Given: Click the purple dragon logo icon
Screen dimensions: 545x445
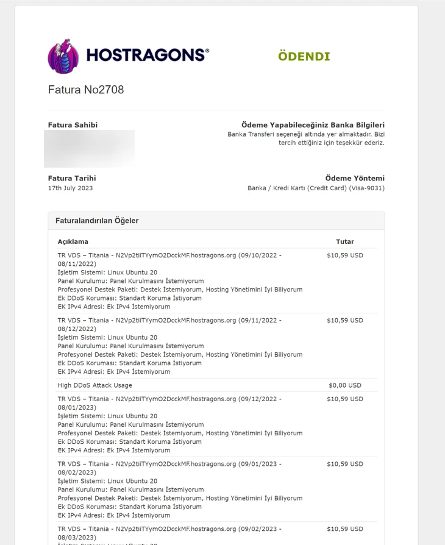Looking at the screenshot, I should coord(63,56).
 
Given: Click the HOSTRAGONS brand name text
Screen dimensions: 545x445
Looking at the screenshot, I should coord(148,55).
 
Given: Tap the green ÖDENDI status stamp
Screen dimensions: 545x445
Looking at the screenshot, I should coord(304,57).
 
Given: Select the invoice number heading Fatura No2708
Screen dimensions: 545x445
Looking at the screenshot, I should coord(86,90).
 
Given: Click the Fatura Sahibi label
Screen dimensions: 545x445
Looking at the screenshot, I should coord(73,125).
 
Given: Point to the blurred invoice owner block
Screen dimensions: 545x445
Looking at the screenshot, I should coord(89,148).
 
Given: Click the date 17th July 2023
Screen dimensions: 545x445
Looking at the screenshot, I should coord(70,188).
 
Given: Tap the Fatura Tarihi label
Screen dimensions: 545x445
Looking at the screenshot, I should coord(72,178).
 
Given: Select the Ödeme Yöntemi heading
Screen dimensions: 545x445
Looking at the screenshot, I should coord(355,178).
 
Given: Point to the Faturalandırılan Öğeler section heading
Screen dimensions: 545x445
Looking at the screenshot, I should coord(97,221).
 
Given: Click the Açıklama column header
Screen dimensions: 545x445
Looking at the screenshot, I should coord(73,241).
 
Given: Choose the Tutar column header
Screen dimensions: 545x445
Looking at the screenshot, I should coord(344,241).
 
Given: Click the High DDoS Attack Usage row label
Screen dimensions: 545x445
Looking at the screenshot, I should coord(95,385).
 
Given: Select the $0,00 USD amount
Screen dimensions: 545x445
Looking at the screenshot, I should coord(344,385).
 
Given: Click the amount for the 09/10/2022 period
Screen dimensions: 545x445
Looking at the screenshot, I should coord(344,255).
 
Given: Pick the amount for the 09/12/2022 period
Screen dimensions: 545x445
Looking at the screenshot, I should coord(344,399).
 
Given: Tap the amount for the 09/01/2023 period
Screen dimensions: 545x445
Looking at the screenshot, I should coord(344,464).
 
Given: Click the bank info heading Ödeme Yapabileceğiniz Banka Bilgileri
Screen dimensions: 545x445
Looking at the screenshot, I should coord(313,125).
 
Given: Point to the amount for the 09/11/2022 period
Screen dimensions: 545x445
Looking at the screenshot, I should coord(344,320).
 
